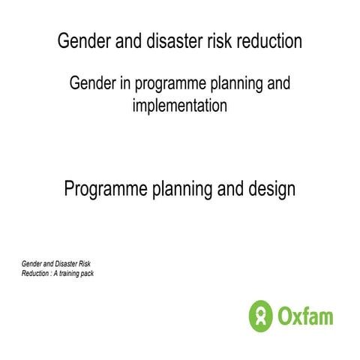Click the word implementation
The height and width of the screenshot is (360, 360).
coord(179,106)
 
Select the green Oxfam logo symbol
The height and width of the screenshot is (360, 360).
coord(259,315)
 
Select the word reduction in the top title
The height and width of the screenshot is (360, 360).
coord(268,41)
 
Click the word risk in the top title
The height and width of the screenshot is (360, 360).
coord(217,41)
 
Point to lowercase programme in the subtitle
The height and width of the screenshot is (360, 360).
coord(169,84)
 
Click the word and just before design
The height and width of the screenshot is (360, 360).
coord(230,189)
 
